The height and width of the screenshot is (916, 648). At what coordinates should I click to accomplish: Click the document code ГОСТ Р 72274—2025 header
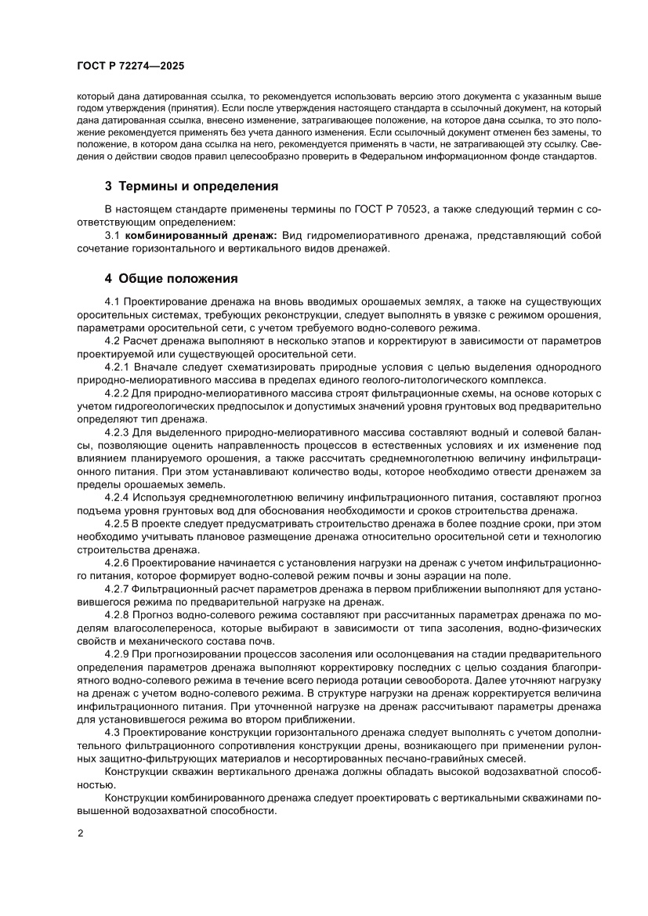131,67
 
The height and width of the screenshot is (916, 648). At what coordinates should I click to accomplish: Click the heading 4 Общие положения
172,278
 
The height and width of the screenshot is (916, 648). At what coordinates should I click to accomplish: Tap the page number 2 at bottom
80,832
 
